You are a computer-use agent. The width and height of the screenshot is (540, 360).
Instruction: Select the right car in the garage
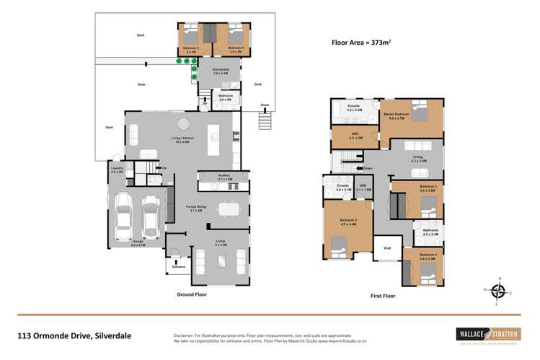pos(151,214)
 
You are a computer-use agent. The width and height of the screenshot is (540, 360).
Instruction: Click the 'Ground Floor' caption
pos(194,294)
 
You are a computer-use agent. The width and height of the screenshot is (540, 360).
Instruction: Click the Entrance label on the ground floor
pos(178,267)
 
